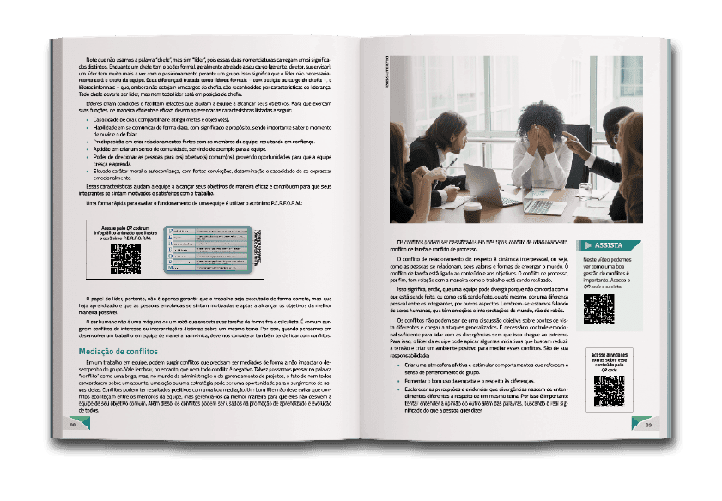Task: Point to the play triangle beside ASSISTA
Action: [589, 244]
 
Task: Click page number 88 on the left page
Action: [75, 424]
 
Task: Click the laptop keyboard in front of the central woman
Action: [543, 207]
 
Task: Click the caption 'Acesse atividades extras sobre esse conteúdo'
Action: [609, 360]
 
